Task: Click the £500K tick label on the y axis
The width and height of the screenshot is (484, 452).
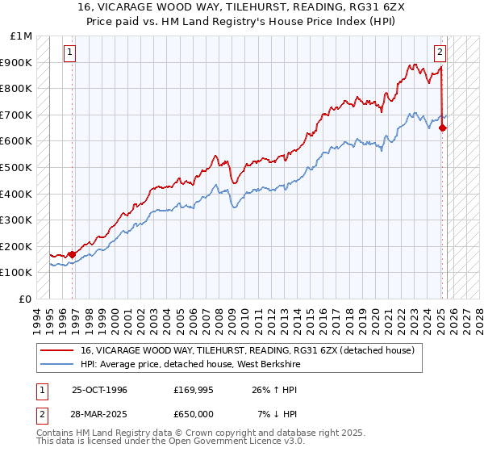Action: [x=15, y=167]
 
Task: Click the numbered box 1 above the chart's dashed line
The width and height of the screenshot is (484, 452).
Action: [x=70, y=53]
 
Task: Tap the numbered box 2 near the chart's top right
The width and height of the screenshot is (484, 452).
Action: [x=440, y=53]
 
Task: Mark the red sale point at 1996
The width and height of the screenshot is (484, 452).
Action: [x=73, y=254]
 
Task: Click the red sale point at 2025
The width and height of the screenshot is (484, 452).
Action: [x=443, y=128]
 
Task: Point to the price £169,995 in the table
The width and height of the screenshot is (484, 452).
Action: [x=193, y=390]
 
